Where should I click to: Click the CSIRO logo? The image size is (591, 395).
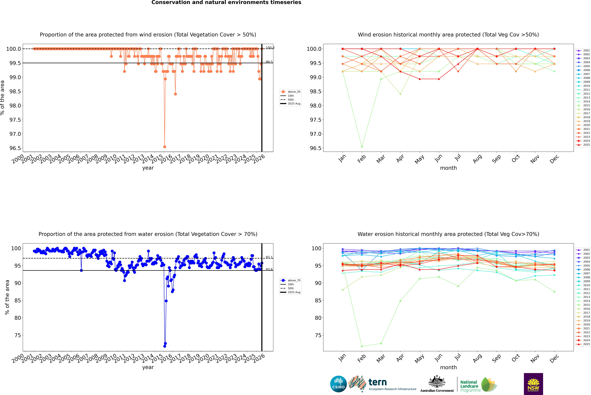tap(338, 384)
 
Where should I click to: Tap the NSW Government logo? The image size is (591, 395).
tap(533, 384)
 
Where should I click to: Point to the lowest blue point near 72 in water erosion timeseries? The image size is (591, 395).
tap(164, 346)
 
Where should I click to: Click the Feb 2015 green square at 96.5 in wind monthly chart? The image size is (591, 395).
tap(362, 147)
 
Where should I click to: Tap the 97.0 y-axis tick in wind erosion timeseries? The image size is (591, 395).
tap(15, 134)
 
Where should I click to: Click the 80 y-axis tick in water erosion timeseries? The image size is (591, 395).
tap(18, 318)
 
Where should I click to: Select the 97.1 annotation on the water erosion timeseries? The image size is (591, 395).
tap(269, 257)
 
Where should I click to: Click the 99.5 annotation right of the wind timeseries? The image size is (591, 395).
tap(269, 62)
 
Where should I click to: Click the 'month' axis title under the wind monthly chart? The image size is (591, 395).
tap(448, 168)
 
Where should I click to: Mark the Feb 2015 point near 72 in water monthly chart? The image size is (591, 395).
tap(362, 346)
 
